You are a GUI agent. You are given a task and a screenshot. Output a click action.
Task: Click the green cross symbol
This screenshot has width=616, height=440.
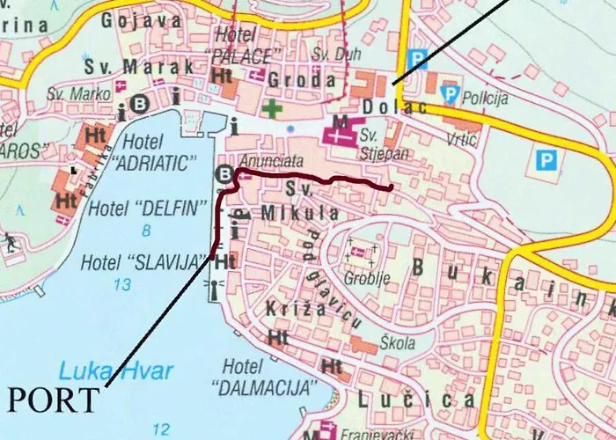(x=274, y=110)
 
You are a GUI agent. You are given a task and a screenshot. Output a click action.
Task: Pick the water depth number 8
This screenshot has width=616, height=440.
(x=145, y=231)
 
